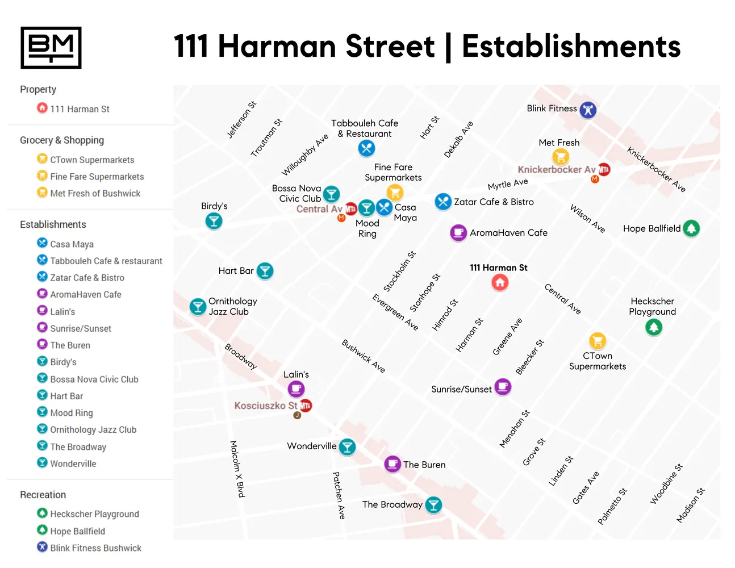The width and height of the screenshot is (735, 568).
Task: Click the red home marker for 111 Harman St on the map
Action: (x=500, y=282)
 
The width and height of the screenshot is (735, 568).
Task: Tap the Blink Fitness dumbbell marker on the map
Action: (x=588, y=110)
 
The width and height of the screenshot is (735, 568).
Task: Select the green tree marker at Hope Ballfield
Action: (x=691, y=228)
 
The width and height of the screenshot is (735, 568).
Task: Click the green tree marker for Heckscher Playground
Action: (x=654, y=327)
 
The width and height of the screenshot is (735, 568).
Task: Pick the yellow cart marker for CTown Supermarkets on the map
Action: (x=597, y=341)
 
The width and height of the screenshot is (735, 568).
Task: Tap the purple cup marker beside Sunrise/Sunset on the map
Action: (x=503, y=387)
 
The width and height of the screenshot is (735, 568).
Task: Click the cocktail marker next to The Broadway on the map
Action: (x=433, y=504)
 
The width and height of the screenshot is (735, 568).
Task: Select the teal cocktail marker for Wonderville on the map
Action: (x=347, y=447)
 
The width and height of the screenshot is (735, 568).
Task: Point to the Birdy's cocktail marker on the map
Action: (x=214, y=221)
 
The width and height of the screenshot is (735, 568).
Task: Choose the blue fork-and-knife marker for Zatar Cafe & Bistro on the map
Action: (x=443, y=202)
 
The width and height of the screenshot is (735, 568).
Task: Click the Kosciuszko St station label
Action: (x=266, y=406)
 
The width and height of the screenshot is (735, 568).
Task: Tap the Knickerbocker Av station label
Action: (x=556, y=169)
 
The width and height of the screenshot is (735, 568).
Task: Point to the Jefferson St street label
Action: (x=242, y=120)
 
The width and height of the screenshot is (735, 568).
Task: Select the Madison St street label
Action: (x=691, y=505)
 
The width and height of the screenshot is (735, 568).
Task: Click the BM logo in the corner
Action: (x=51, y=48)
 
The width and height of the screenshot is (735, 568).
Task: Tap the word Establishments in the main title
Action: (x=571, y=47)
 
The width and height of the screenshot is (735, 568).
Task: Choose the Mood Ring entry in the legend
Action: (x=71, y=413)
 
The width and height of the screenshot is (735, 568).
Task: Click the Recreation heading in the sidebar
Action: (x=43, y=495)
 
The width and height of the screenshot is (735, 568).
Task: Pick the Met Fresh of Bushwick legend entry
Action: (x=95, y=193)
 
